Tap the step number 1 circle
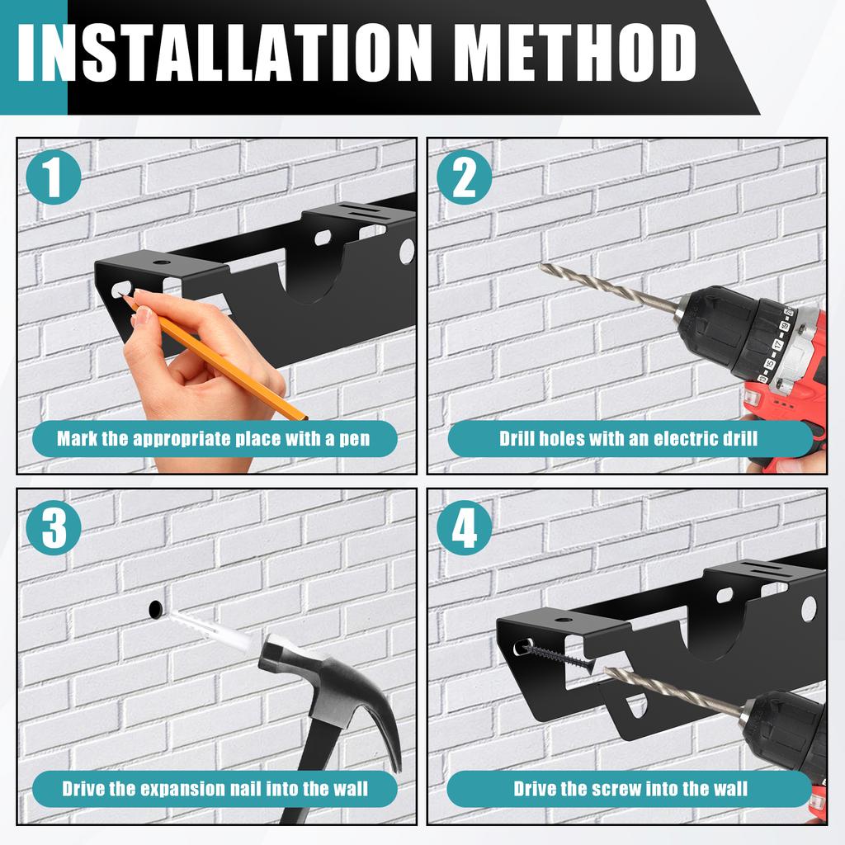53,178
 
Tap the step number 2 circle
465,178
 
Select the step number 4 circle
465,529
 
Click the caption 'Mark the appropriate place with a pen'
214,438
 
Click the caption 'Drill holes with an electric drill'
629,438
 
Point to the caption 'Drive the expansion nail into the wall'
214,789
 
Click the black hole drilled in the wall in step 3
155,611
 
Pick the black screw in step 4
558,658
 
